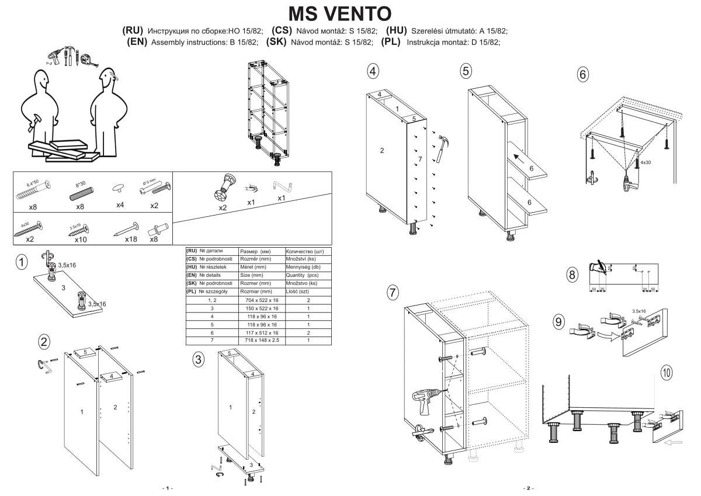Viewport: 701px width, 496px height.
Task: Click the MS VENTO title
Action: pos(341,13)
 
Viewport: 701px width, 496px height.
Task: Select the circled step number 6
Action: pos(582,74)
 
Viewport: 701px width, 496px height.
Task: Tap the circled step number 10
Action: pos(667,371)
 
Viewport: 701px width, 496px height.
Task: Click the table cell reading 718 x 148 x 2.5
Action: pos(262,340)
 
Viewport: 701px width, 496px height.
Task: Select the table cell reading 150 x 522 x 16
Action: pos(262,308)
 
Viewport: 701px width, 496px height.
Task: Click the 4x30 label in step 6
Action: pos(646,162)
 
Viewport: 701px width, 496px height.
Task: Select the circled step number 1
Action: pos(22,262)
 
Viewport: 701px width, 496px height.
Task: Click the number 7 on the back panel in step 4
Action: pos(419,159)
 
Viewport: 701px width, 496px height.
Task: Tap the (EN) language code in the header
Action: pos(137,42)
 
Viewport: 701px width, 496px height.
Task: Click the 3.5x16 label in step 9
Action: pos(638,311)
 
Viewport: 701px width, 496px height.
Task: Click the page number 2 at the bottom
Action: pos(528,488)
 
